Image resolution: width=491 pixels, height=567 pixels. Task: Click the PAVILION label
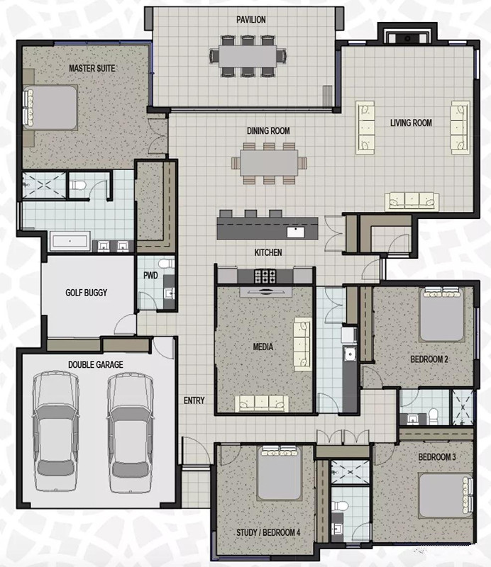(x=251, y=20)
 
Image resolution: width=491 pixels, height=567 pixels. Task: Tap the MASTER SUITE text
(x=92, y=68)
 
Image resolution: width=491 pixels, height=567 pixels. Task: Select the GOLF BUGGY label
(x=86, y=292)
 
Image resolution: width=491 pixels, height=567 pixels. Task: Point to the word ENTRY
(x=194, y=400)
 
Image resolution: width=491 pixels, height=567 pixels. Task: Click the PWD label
(x=150, y=275)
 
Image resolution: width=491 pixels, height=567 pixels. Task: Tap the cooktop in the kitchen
(x=265, y=276)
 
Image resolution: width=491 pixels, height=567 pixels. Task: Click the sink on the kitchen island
(x=295, y=232)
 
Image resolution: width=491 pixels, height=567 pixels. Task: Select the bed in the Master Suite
(x=50, y=108)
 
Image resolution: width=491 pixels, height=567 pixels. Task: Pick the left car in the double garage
(x=56, y=432)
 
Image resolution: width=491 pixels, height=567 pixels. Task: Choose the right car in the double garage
(x=131, y=432)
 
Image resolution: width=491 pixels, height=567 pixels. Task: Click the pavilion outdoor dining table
(x=248, y=56)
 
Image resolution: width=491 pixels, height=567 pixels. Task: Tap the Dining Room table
(x=269, y=163)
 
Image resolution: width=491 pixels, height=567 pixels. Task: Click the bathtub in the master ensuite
(x=69, y=242)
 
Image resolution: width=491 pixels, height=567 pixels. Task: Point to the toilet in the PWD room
(x=167, y=263)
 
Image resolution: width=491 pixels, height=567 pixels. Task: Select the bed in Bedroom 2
(x=442, y=314)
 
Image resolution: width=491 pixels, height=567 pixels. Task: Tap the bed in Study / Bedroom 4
(x=280, y=473)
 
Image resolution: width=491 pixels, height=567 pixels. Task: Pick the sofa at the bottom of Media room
(x=262, y=403)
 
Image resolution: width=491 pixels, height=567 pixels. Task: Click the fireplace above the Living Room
(x=407, y=38)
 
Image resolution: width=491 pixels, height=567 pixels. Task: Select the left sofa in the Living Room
(x=365, y=128)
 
